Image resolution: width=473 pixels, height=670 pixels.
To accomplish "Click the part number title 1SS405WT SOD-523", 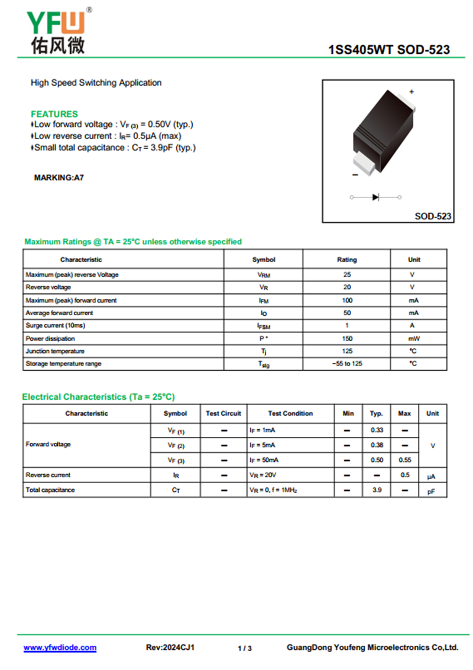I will pyautogui.click(x=388, y=50).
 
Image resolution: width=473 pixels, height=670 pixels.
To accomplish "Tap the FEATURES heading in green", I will pyautogui.click(x=54, y=114).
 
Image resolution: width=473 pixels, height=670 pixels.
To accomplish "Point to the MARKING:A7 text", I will pyautogui.click(x=59, y=177).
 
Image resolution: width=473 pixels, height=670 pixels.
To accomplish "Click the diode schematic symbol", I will pyautogui.click(x=375, y=197).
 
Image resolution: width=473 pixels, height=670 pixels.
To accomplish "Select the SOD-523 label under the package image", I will pyautogui.click(x=433, y=216).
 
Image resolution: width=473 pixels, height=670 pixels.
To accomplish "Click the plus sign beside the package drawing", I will pyautogui.click(x=412, y=92).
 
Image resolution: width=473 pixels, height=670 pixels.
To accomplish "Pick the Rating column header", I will pyautogui.click(x=346, y=260).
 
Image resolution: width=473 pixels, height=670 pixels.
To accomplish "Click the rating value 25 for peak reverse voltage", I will pyautogui.click(x=346, y=275).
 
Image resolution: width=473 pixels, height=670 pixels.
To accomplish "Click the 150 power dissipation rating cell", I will pyautogui.click(x=346, y=339).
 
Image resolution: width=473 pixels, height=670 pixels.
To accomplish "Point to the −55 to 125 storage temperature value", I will pyautogui.click(x=346, y=364).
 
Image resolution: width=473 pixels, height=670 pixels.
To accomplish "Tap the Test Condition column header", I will pyautogui.click(x=290, y=413).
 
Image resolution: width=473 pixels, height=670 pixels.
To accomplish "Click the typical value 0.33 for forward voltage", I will pyautogui.click(x=377, y=430).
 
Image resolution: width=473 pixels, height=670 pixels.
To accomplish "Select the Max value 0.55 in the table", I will pyautogui.click(x=404, y=459).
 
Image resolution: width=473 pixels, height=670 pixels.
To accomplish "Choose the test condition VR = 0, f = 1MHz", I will pyautogui.click(x=273, y=490).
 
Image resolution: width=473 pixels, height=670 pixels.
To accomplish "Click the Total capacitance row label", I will pyautogui.click(x=50, y=490).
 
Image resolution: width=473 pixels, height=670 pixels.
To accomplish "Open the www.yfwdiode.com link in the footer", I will pyautogui.click(x=60, y=648).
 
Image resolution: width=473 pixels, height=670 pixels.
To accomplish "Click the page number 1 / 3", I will pyautogui.click(x=244, y=648).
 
